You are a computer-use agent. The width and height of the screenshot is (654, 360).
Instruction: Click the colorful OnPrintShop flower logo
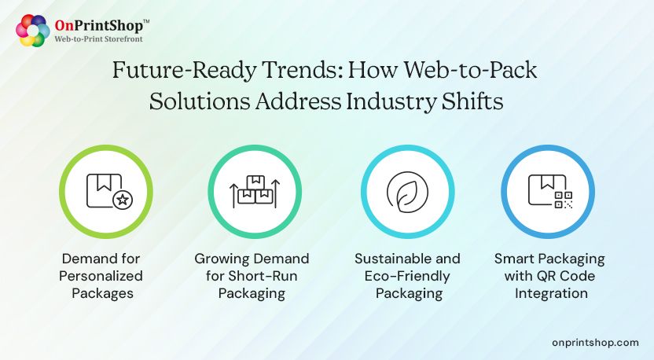pyautogui.click(x=33, y=31)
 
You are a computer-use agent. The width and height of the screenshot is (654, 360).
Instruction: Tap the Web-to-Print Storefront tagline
pyautogui.click(x=98, y=39)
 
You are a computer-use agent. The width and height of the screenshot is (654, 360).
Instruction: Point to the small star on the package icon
pyautogui.click(x=122, y=200)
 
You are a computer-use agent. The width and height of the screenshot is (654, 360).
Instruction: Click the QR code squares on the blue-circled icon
pyautogui.click(x=563, y=200)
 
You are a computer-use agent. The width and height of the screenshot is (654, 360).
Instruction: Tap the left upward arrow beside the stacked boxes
pyautogui.click(x=233, y=194)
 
